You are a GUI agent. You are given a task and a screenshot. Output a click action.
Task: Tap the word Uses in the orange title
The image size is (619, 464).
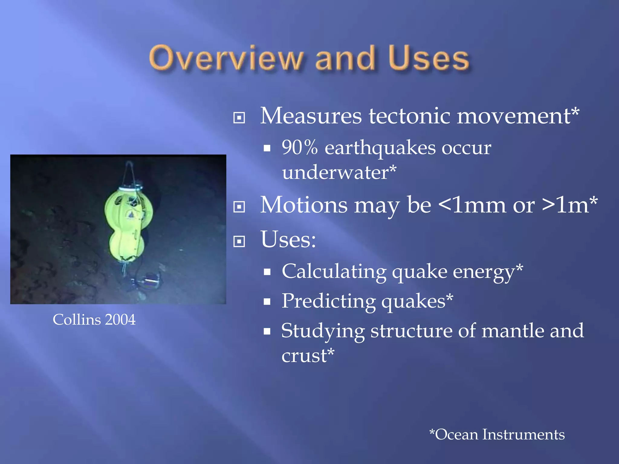pos(429,58)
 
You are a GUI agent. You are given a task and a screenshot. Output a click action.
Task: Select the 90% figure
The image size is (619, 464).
pos(300,148)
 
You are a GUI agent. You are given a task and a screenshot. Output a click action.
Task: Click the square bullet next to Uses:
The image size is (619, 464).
pos(239,241)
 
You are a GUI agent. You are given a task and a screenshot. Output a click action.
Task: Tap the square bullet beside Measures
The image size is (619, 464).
pos(239,118)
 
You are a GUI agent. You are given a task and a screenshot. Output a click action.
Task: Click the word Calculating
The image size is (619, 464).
pos(334,272)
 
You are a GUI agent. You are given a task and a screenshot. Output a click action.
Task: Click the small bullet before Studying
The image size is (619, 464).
pos(267,332)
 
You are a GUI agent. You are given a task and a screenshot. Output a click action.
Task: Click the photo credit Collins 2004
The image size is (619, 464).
pos(94,320)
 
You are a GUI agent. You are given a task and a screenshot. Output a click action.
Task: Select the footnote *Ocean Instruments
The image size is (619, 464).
pos(497,434)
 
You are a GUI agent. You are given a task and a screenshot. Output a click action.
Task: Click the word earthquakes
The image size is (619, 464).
pos(380,148)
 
